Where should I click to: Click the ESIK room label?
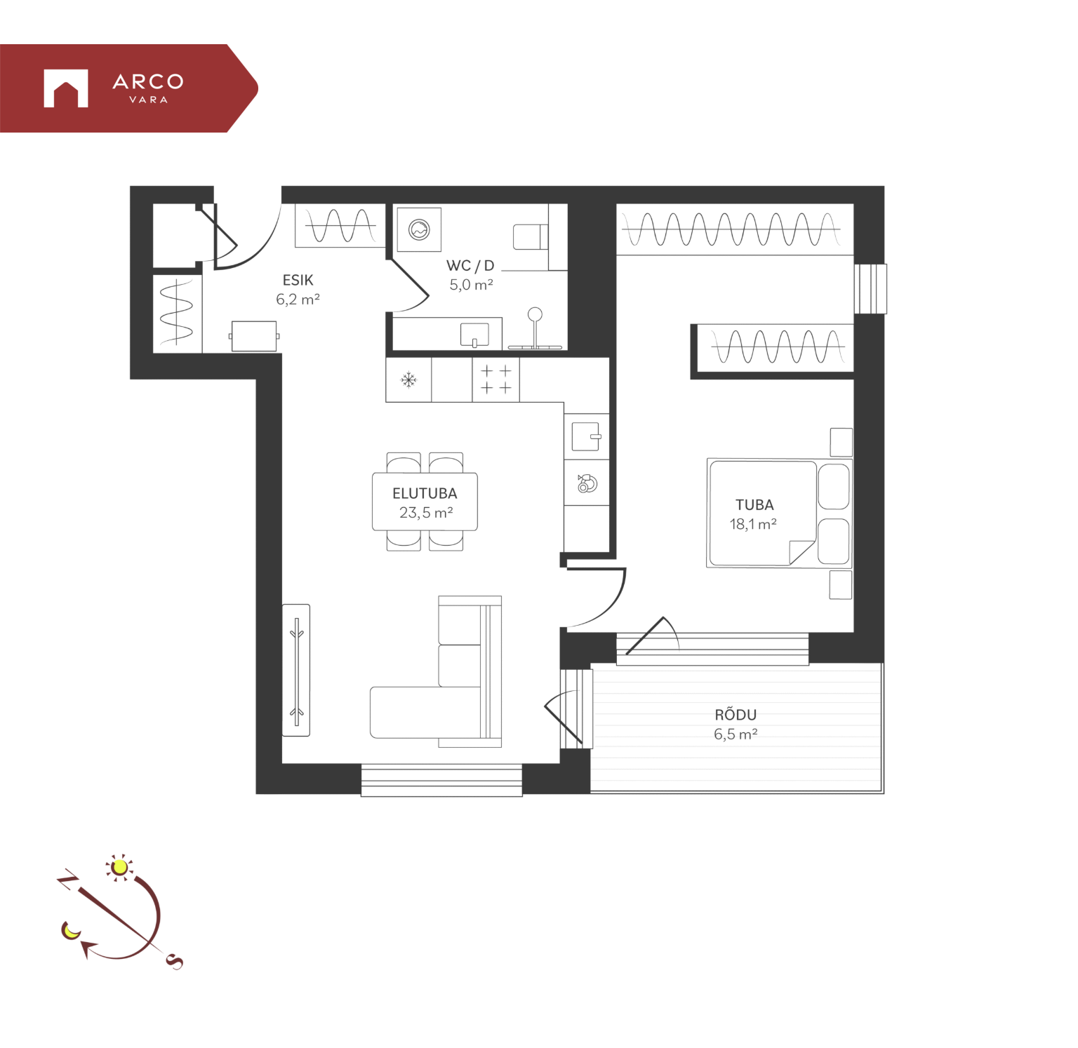point(298,280)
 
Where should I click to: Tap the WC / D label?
point(470,266)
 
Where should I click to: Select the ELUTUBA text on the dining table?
point(425,494)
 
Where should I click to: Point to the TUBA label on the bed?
point(754,505)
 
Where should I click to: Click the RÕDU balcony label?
point(736,714)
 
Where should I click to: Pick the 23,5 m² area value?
point(426,513)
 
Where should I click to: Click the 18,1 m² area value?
point(753,524)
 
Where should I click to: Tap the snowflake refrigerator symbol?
point(408,380)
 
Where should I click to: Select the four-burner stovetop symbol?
point(495,379)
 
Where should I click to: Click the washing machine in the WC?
point(419,229)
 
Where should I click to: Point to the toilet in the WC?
point(531,237)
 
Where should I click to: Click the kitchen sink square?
point(586,437)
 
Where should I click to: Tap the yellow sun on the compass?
point(120,868)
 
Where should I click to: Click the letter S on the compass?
point(175,962)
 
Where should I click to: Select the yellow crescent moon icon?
point(71,930)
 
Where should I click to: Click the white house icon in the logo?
point(66,88)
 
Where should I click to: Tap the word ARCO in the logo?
point(148,82)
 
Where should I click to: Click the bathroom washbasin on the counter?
point(474,335)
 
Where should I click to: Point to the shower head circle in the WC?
point(535,314)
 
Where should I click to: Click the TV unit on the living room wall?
point(296,670)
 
